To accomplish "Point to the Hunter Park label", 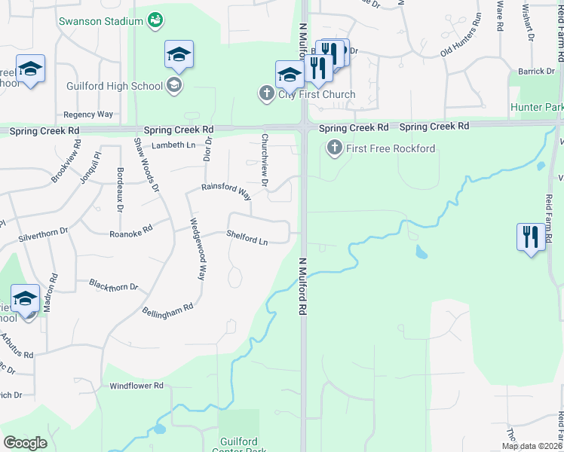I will [536, 108].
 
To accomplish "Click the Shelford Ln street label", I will [247, 238].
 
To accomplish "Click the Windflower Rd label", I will [136, 386].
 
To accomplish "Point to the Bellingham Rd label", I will [167, 310].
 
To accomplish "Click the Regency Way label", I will [88, 115].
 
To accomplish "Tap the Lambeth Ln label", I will [173, 145].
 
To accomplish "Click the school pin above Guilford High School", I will [179, 54].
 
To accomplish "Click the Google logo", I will [25, 443].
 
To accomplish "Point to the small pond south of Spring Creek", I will [421, 252].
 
